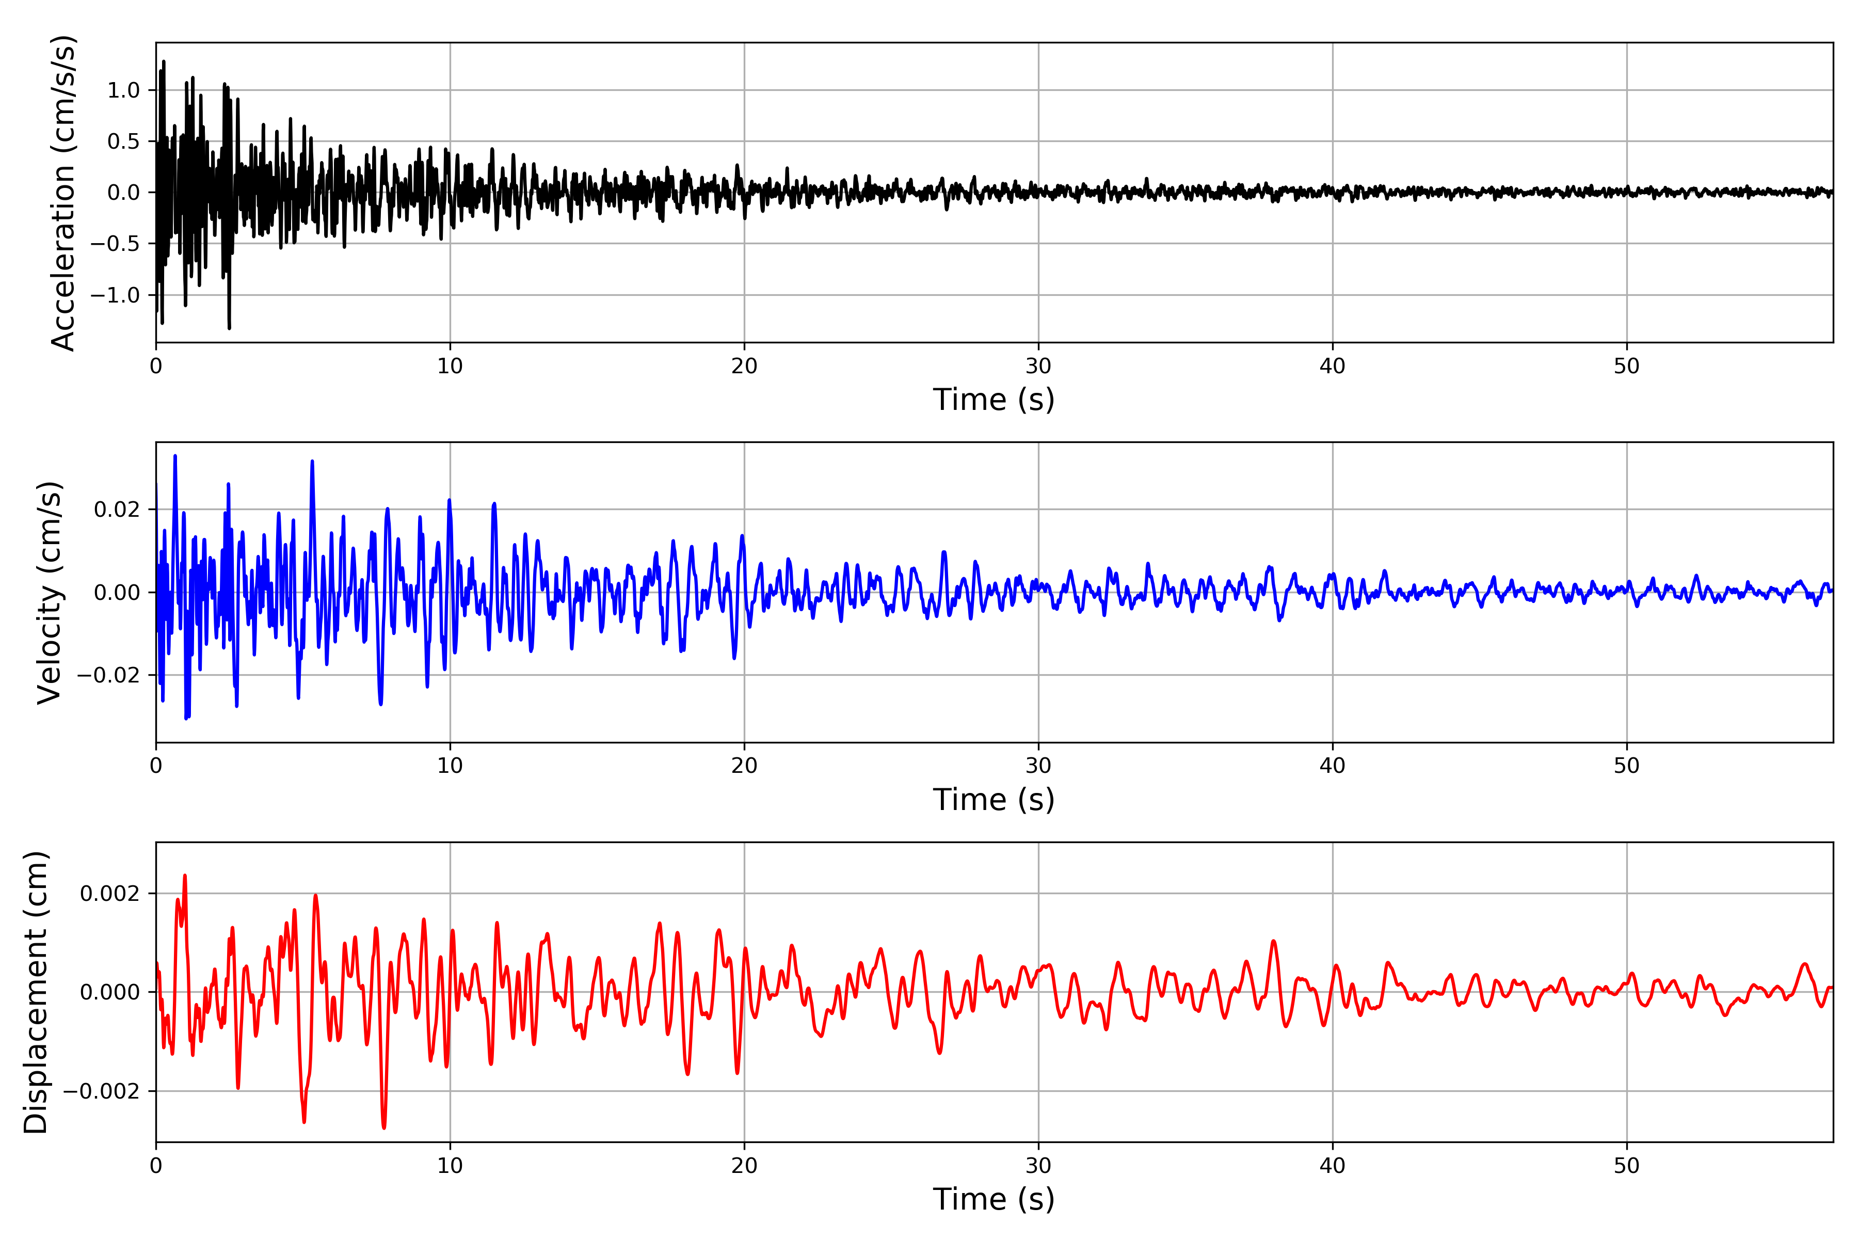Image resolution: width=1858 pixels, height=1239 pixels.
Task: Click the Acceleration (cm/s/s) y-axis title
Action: pos(63,193)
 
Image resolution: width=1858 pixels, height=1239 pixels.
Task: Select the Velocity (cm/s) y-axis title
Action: pos(50,593)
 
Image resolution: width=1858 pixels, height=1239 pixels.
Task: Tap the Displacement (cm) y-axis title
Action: pos(36,992)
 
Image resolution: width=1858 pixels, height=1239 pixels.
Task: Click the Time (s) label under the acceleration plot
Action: pos(994,400)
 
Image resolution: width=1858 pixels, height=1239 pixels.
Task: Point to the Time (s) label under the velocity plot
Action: pos(994,800)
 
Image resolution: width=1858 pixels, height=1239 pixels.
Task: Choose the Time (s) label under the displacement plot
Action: pos(994,1199)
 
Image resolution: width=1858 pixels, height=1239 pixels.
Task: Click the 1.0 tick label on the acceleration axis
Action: pos(123,90)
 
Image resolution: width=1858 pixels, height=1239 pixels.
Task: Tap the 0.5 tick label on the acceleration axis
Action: pos(123,141)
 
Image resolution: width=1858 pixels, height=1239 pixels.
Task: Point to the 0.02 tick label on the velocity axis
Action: pos(117,510)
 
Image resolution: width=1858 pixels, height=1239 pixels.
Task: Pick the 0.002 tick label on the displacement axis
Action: pos(110,894)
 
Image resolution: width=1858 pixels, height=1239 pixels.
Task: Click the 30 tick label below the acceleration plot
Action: pos(1038,367)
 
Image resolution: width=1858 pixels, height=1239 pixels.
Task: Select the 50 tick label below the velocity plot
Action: pos(1627,766)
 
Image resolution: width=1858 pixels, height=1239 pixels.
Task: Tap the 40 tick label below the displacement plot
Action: pos(1333,1166)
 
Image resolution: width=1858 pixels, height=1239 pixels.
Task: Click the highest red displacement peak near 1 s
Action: pos(185,876)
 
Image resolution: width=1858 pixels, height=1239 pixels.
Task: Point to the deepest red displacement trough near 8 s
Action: pos(384,1127)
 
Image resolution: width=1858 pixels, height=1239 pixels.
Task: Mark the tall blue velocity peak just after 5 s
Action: pos(312,462)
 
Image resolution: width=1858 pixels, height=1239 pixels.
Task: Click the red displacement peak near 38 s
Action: pos(1273,941)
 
